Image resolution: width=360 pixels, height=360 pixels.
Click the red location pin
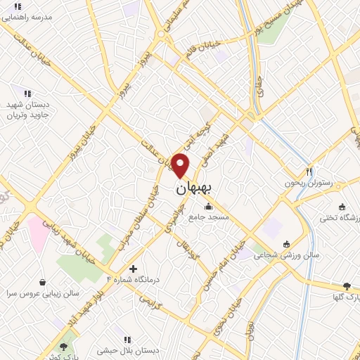click(x=181, y=165)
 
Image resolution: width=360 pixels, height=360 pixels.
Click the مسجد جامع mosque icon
click(x=209, y=207)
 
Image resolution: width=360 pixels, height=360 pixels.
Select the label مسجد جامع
click(x=209, y=217)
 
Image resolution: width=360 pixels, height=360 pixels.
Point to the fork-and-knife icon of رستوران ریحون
click(x=309, y=172)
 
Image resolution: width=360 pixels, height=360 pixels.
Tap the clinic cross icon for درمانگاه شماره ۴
click(x=134, y=268)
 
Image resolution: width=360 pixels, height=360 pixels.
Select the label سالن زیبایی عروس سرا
click(x=42, y=292)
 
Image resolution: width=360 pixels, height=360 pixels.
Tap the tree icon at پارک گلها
click(x=347, y=286)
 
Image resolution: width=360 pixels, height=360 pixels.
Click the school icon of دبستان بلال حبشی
click(x=127, y=339)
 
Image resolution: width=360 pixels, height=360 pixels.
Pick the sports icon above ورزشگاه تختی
click(x=342, y=207)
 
